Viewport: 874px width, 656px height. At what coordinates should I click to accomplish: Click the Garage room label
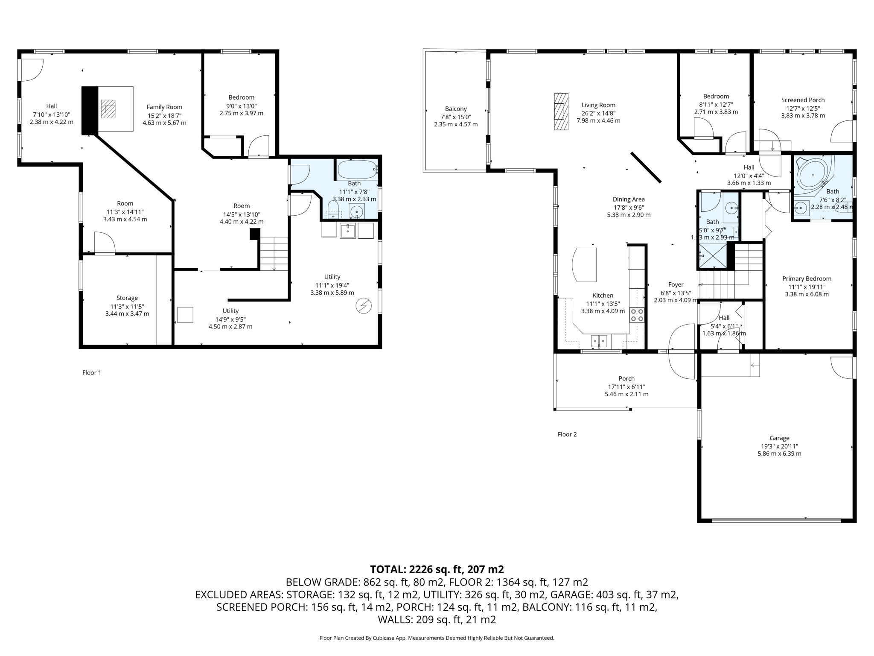[x=779, y=438]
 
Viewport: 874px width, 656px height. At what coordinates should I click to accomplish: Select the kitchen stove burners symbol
[x=637, y=315]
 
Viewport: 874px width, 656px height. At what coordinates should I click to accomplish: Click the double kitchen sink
[x=599, y=341]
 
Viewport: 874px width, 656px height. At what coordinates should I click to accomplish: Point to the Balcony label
[x=456, y=109]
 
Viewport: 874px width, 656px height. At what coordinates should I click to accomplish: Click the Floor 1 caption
[x=92, y=372]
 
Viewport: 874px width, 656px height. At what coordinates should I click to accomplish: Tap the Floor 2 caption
[x=567, y=434]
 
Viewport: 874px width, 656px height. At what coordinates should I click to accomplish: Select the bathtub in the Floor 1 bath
[x=357, y=170]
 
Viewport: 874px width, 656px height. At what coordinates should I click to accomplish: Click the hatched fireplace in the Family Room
[x=108, y=109]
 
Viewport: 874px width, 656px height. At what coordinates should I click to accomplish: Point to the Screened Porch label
[x=803, y=100]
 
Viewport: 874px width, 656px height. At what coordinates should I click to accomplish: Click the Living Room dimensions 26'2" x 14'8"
[x=598, y=113]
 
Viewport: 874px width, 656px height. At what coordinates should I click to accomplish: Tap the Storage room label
[x=127, y=298]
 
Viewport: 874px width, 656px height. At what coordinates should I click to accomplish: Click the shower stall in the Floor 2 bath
[x=713, y=255]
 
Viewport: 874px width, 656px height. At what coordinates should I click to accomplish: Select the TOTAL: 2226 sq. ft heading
[x=437, y=569]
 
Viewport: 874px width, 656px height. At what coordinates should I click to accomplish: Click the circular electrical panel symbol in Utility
[x=364, y=306]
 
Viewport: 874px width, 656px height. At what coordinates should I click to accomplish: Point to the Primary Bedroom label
[x=807, y=278]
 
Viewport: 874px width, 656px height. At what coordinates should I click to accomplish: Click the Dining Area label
[x=629, y=199]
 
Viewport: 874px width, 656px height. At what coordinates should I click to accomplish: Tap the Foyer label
[x=676, y=284]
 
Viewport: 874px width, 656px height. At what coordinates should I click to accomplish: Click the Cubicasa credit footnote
[x=437, y=638]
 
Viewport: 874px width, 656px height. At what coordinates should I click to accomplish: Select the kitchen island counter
[x=585, y=265]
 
